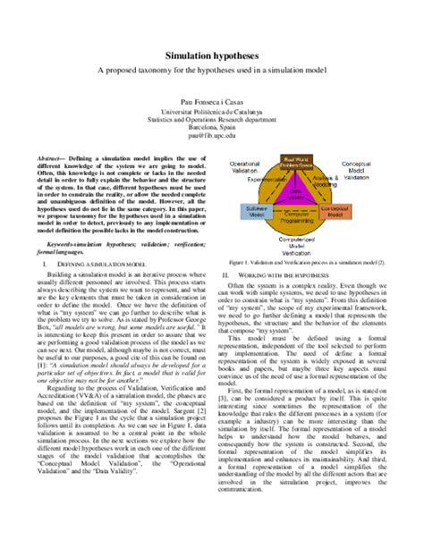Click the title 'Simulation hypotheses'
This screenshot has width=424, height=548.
point(211,56)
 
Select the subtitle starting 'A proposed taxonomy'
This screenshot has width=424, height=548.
point(211,72)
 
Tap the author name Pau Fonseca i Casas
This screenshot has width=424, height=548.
point(211,104)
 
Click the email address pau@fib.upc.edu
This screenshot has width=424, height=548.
point(211,136)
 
